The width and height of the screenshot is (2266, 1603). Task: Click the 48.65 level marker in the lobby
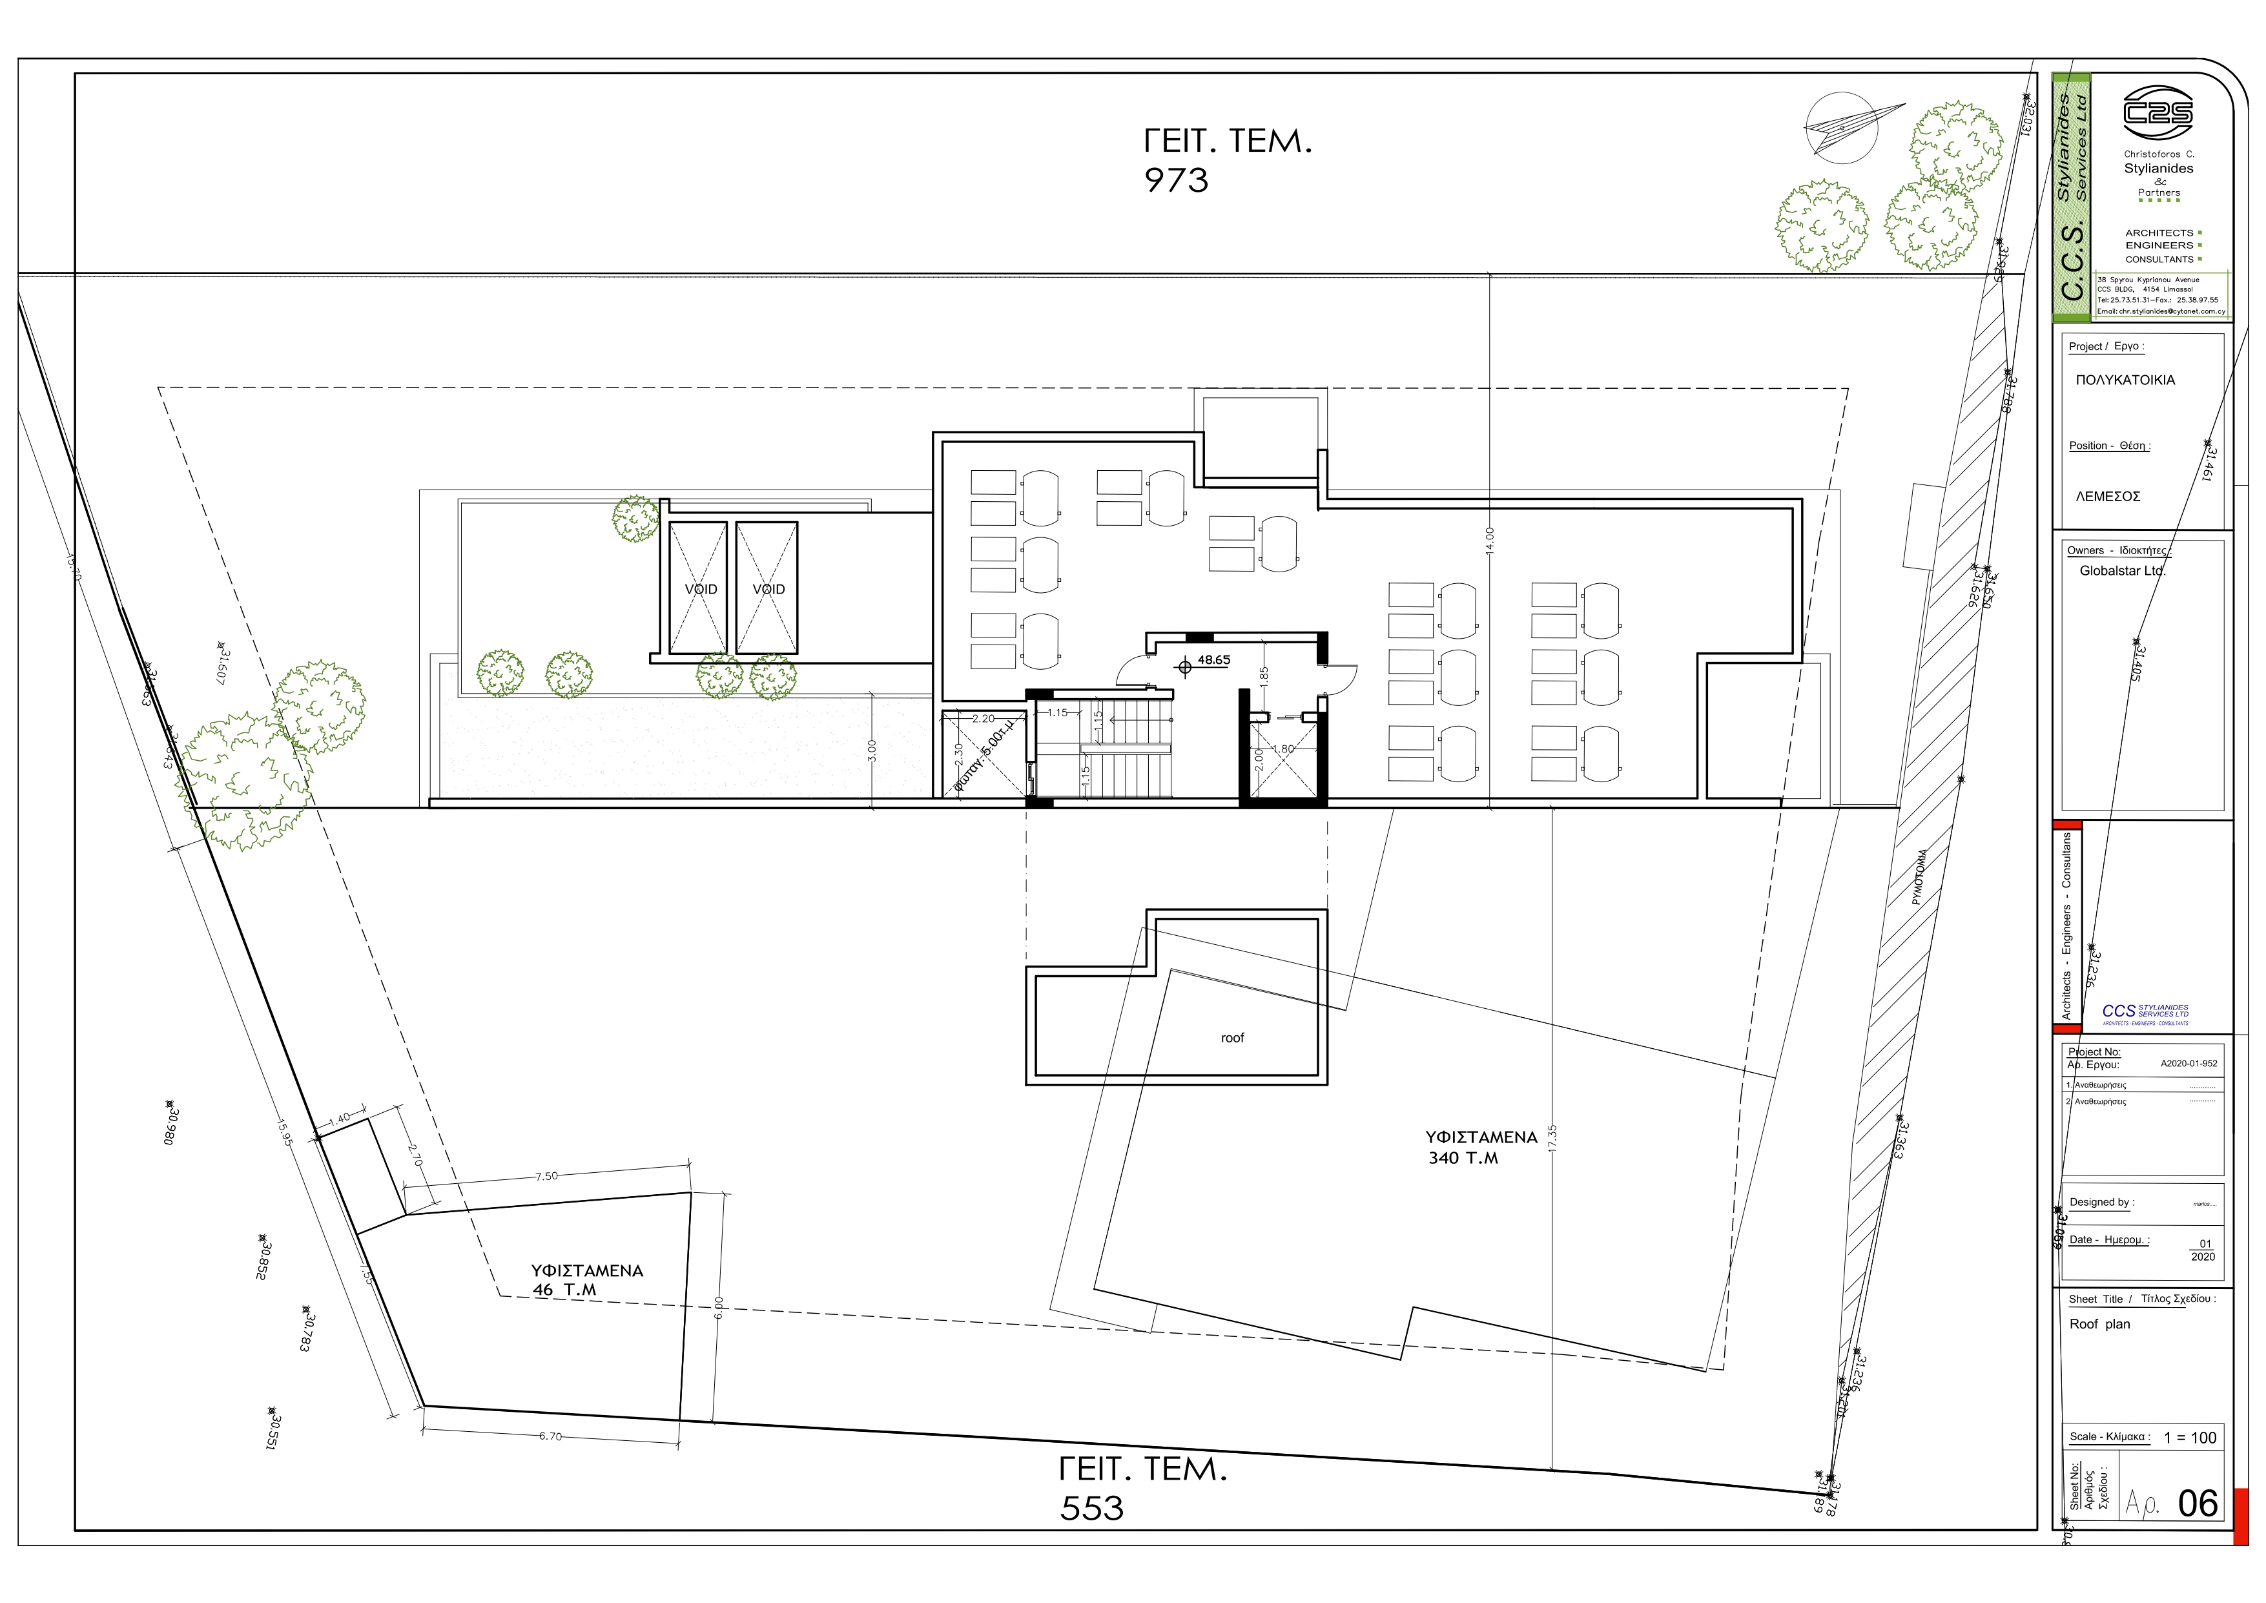click(1212, 660)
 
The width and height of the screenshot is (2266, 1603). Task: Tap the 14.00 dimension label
click(1489, 540)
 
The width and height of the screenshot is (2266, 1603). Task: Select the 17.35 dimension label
click(1552, 1138)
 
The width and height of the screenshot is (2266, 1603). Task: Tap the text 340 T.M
click(1463, 1158)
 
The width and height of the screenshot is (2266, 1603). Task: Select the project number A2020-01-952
click(2188, 1064)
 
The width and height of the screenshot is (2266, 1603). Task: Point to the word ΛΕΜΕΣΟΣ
click(2107, 497)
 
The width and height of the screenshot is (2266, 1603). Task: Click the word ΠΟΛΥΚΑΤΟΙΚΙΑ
click(2125, 380)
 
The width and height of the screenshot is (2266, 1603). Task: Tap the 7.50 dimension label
click(546, 1177)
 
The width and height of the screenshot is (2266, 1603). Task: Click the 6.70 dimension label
click(550, 1436)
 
